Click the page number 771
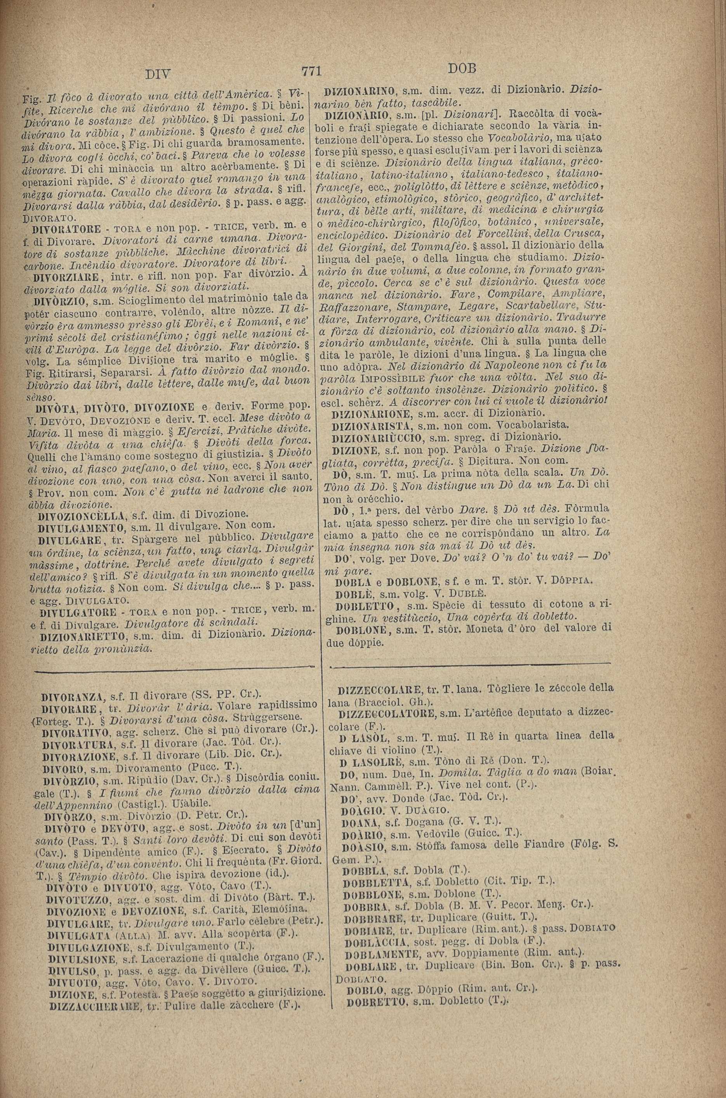pos(311,71)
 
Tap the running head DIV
pos(158,74)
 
